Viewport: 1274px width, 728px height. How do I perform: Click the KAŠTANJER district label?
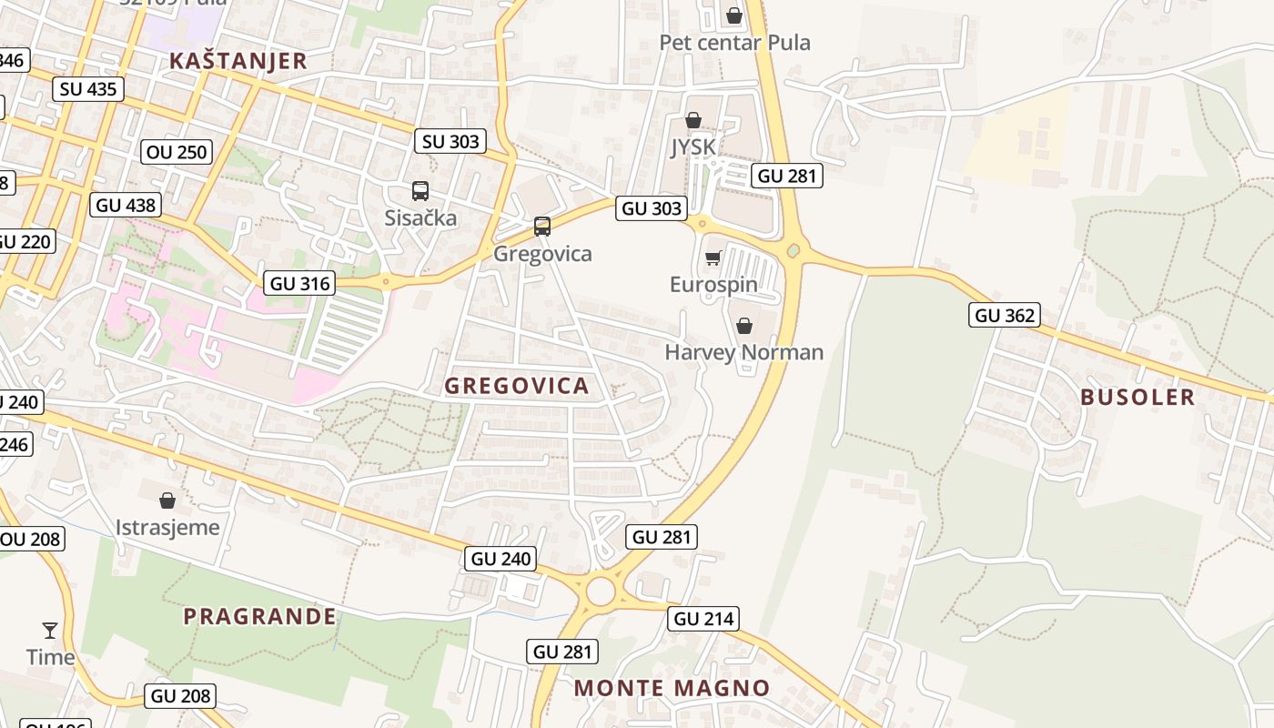[x=238, y=61]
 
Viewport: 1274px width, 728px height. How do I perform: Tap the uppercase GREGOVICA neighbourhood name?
[x=517, y=386]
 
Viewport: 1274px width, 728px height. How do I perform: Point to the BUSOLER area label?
[x=1137, y=397]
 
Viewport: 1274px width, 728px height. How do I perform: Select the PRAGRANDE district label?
[x=259, y=616]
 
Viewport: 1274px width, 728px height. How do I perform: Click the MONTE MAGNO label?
[x=672, y=688]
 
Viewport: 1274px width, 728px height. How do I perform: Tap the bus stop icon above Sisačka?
[x=420, y=191]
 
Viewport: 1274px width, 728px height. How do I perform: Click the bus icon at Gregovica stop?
[x=542, y=227]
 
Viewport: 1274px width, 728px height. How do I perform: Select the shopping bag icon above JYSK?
[x=693, y=120]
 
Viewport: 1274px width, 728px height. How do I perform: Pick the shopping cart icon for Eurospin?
[x=713, y=258]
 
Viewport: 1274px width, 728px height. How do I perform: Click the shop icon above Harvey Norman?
[x=744, y=326]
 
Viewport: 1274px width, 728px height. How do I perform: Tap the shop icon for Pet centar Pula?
[x=733, y=15]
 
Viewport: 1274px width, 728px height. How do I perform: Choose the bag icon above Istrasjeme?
[x=167, y=500]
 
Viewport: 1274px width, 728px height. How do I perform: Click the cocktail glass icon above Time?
[x=50, y=630]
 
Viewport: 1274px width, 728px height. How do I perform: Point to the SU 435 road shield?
[x=88, y=88]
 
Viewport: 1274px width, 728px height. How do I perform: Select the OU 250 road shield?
[x=177, y=152]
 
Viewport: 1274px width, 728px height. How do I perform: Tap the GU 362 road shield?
[x=1005, y=316]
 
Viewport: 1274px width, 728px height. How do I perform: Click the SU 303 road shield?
[x=450, y=141]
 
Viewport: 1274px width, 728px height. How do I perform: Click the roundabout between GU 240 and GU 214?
[x=601, y=591]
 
